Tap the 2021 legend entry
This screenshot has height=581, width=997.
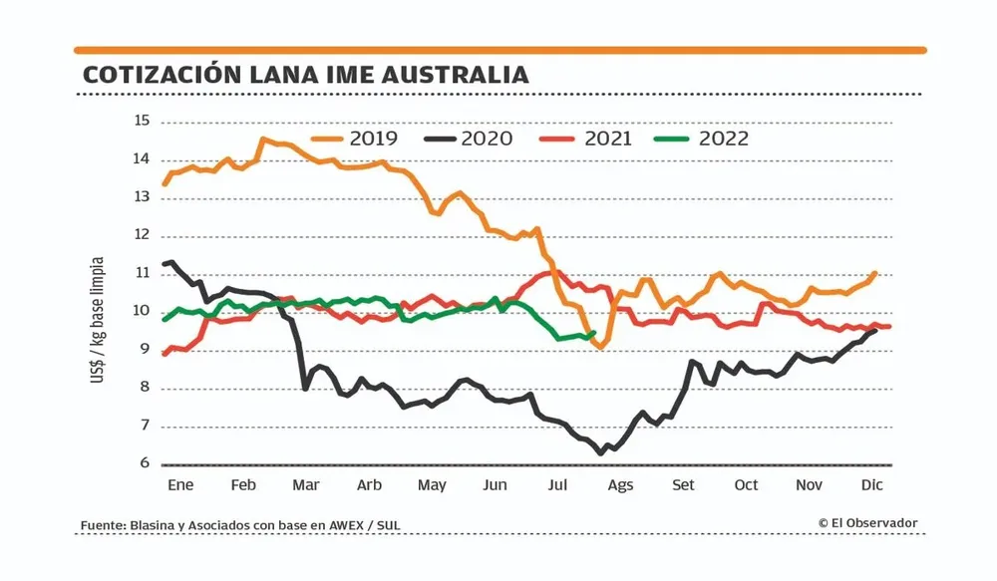588,139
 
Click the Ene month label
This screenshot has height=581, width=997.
179,484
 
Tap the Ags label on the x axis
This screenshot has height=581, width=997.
620,484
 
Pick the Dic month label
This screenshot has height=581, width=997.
872,484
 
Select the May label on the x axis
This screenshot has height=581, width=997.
432,484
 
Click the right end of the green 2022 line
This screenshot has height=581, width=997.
594,333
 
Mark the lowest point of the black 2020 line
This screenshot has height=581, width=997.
600,453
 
